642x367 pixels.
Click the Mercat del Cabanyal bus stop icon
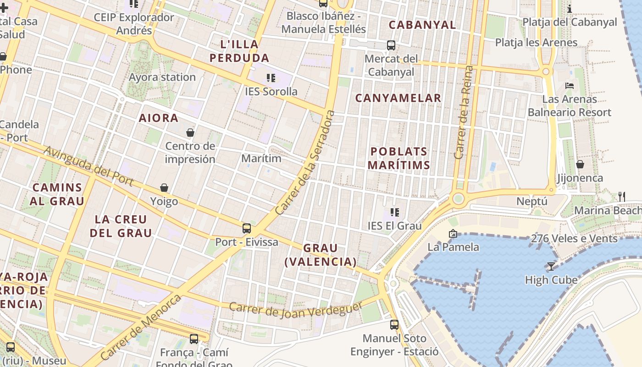pyautogui.click(x=391, y=45)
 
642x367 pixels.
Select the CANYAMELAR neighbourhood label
pyautogui.click(x=398, y=98)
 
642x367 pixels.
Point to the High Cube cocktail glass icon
pyautogui.click(x=551, y=266)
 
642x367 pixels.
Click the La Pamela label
pyautogui.click(x=453, y=247)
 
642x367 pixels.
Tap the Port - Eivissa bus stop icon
pyautogui.click(x=247, y=228)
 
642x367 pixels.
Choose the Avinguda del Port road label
pyautogui.click(x=89, y=166)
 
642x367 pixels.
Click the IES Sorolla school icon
pyautogui.click(x=271, y=78)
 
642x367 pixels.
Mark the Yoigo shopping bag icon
pyautogui.click(x=164, y=188)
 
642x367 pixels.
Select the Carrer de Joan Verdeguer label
pyautogui.click(x=296, y=311)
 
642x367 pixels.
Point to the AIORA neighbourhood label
pyautogui.click(x=159, y=118)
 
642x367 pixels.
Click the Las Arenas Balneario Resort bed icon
pyautogui.click(x=570, y=86)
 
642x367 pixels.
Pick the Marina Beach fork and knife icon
pyautogui.click(x=622, y=197)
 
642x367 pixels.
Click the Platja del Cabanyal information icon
pyautogui.click(x=570, y=9)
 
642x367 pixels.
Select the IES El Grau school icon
pyautogui.click(x=394, y=212)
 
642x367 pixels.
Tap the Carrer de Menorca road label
pyautogui.click(x=140, y=327)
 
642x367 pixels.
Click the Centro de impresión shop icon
pyautogui.click(x=190, y=133)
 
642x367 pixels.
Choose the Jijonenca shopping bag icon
pyautogui.click(x=580, y=164)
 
